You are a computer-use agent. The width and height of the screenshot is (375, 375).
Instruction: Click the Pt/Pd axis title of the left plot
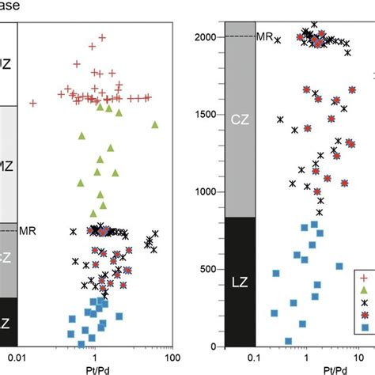pos(95,369)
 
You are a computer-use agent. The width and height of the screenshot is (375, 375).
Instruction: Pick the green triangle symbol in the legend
pos(364,290)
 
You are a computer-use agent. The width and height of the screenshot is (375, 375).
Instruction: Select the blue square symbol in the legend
pos(364,328)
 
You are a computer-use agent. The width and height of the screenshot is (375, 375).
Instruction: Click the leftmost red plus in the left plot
pos(32,102)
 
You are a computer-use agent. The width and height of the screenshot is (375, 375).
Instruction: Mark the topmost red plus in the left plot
pos(100,36)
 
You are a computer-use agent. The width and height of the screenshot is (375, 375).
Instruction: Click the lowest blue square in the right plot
pos(288,341)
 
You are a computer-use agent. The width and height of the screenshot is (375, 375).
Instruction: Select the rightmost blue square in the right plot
pos(339,267)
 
